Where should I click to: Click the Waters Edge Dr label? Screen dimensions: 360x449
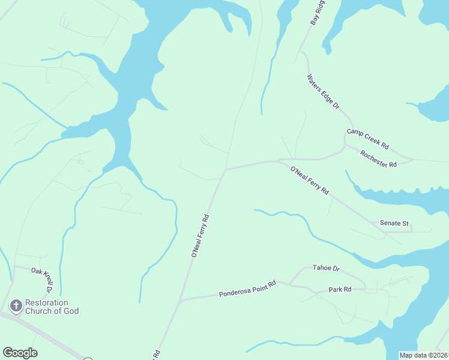323,92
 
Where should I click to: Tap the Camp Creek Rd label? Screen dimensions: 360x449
368,139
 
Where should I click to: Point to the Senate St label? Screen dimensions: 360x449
394,223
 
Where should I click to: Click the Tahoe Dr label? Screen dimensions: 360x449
326,268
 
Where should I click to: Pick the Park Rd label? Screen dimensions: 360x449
340,290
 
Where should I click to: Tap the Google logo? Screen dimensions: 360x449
20,353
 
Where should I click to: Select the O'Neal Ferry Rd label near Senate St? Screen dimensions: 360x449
310,181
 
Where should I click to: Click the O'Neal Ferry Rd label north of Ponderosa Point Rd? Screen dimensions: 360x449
200,236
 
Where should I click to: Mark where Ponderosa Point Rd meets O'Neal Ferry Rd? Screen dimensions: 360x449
181,299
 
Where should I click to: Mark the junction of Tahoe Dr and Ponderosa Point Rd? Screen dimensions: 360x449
290,284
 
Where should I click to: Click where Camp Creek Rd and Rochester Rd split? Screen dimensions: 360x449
345,145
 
